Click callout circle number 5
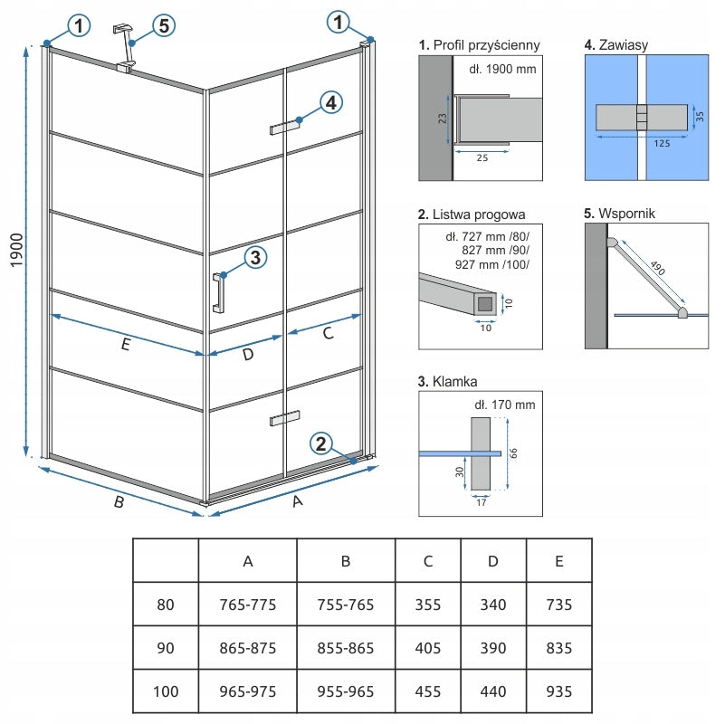[x=163, y=25]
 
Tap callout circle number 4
[x=331, y=103]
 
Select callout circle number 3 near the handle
[x=255, y=258]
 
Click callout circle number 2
[x=320, y=443]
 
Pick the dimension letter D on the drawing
[x=247, y=356]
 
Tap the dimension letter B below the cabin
[x=118, y=504]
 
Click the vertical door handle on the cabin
[x=218, y=291]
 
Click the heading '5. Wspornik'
[x=620, y=214]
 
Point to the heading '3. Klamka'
[x=448, y=382]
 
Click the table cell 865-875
[x=247, y=649]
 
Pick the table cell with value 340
[x=493, y=605]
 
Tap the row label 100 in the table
[x=165, y=692]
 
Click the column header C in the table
[x=427, y=561]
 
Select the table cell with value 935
[x=558, y=692]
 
